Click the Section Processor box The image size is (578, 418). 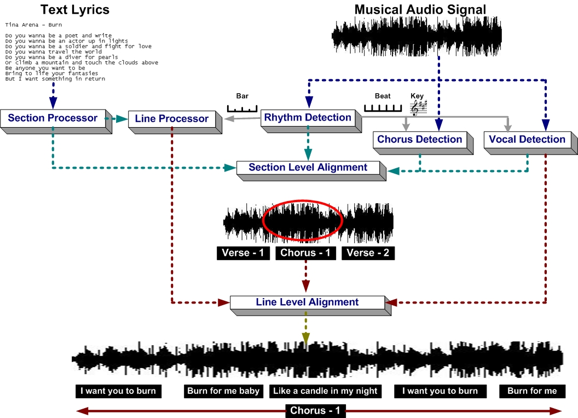pyautogui.click(x=53, y=118)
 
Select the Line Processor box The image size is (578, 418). pyautogui.click(x=171, y=118)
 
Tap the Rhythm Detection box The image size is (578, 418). pyautogui.click(x=308, y=117)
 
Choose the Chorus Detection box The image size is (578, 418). pyautogui.click(x=419, y=139)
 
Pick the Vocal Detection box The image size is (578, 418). pyautogui.click(x=527, y=139)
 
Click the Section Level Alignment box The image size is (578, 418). pyautogui.click(x=308, y=167)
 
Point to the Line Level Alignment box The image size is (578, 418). pyautogui.click(x=307, y=302)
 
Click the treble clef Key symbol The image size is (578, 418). pyautogui.click(x=418, y=108)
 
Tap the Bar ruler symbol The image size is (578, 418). pyautogui.click(x=242, y=108)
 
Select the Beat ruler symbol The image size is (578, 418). pyautogui.click(x=383, y=108)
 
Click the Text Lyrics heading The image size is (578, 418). pyautogui.click(x=75, y=9)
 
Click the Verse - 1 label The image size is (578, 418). pyautogui.click(x=243, y=253)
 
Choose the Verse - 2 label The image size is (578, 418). pyautogui.click(x=367, y=253)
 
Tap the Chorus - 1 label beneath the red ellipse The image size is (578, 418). pyautogui.click(x=305, y=253)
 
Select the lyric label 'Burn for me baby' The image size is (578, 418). pyautogui.click(x=223, y=391)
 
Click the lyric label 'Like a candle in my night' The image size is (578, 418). pyautogui.click(x=325, y=391)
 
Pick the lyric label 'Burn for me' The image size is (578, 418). pyautogui.click(x=532, y=391)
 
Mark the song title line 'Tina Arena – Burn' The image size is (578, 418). pyautogui.click(x=33, y=25)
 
